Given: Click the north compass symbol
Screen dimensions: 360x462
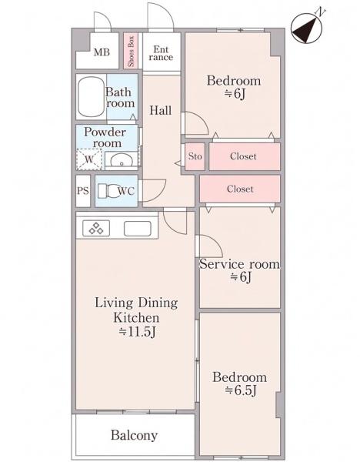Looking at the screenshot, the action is (307, 28).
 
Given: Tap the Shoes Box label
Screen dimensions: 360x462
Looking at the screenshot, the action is (131, 52).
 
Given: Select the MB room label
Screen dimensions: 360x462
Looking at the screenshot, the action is (102, 52).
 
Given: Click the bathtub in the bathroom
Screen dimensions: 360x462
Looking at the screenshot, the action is (92, 97).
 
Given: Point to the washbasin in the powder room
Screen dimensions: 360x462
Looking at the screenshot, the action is (122, 160).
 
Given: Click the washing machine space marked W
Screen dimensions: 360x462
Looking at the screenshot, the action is (89, 159).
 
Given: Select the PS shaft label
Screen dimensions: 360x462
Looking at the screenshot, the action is (83, 191).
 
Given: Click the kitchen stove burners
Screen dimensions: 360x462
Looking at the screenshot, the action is (96, 228).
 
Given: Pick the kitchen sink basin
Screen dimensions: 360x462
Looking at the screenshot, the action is (138, 229).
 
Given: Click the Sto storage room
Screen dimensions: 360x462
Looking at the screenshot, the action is (195, 156).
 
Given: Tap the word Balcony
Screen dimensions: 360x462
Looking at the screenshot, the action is (134, 435).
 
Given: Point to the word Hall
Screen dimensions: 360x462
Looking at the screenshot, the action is (161, 110).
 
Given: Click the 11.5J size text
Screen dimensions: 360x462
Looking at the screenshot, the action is (137, 332).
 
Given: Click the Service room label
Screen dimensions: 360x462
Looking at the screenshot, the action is (239, 264).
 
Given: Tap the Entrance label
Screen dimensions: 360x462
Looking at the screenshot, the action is (161, 53).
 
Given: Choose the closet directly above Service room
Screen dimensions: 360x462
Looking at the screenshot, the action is (240, 189).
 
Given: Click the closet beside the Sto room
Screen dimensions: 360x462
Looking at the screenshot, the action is (245, 156).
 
